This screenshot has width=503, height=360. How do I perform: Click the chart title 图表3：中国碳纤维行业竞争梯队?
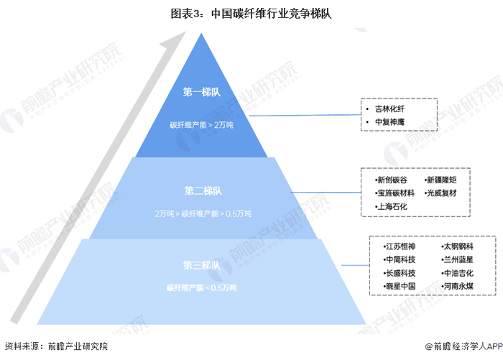point(251,13)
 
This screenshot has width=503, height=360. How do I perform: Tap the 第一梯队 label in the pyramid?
point(202,91)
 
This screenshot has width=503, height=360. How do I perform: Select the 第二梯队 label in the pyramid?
point(202,191)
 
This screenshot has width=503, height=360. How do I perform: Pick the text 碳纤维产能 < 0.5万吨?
point(202,288)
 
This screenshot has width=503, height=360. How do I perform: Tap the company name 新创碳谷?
point(392,180)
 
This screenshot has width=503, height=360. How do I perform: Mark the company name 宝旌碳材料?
point(395,193)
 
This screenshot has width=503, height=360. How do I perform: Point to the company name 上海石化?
point(392,206)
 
